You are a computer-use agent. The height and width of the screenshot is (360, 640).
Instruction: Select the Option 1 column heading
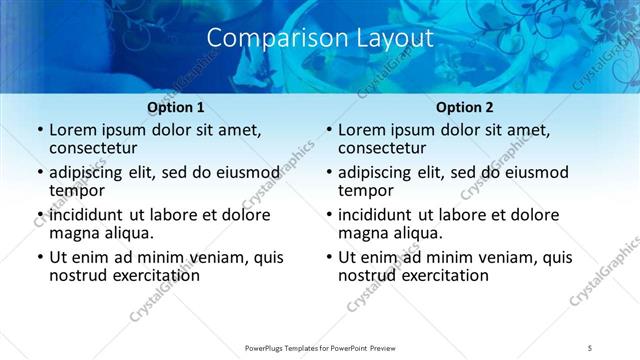(x=176, y=107)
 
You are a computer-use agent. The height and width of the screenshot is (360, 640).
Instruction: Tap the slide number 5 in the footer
(x=591, y=347)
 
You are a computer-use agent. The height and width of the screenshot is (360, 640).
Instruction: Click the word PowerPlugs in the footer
(x=267, y=347)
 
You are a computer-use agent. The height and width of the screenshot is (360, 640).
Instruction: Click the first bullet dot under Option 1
(x=39, y=130)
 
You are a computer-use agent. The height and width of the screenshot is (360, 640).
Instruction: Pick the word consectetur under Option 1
(x=99, y=148)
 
